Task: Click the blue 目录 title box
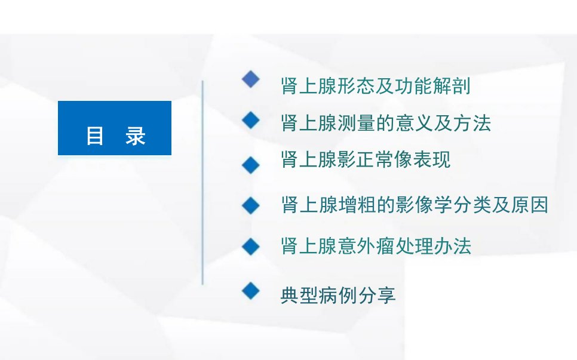[115, 128]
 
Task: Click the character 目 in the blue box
[94, 136]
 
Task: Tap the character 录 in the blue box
[136, 136]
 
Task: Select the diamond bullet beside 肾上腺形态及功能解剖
[251, 79]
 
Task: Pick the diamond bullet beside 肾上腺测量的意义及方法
[251, 120]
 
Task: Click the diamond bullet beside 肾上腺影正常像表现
[251, 165]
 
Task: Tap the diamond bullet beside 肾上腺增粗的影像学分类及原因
[251, 205]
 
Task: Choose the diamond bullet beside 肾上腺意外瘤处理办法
[251, 247]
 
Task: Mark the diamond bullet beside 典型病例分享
[251, 291]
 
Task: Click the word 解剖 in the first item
[452, 86]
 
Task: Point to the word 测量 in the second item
[357, 123]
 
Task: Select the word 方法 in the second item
[472, 123]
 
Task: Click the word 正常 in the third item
[375, 159]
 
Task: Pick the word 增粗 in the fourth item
[357, 205]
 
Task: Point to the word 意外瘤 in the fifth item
[366, 246]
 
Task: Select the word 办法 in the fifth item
[452, 246]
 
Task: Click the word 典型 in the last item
[299, 296]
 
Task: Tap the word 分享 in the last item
[376, 296]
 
